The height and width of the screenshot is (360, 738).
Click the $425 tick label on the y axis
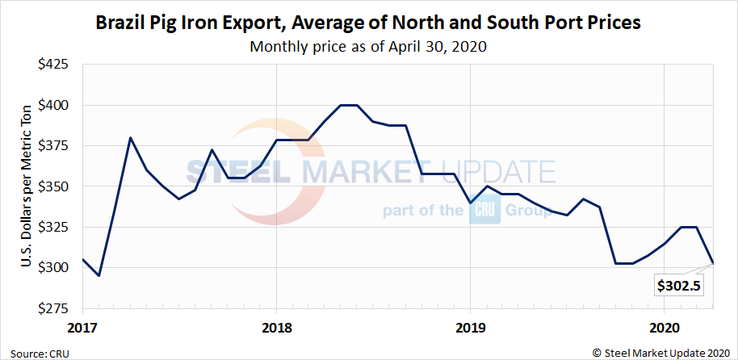coord(54,65)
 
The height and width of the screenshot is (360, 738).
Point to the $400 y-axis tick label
coord(54,105)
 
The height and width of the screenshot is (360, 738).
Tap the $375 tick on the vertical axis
coord(54,145)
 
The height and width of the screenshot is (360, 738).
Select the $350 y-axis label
coord(54,186)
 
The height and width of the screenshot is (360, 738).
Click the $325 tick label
coord(54,227)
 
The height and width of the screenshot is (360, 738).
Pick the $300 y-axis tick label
coord(54,267)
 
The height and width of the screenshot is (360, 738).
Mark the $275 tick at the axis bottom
coord(54,308)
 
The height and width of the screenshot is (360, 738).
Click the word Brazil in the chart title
coord(120,23)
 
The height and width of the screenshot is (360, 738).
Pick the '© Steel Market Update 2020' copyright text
coord(661,352)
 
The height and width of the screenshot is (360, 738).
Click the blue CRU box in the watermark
coord(486,211)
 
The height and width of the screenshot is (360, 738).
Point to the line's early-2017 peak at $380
coord(131,137)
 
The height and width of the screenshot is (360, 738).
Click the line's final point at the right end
coord(712,263)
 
